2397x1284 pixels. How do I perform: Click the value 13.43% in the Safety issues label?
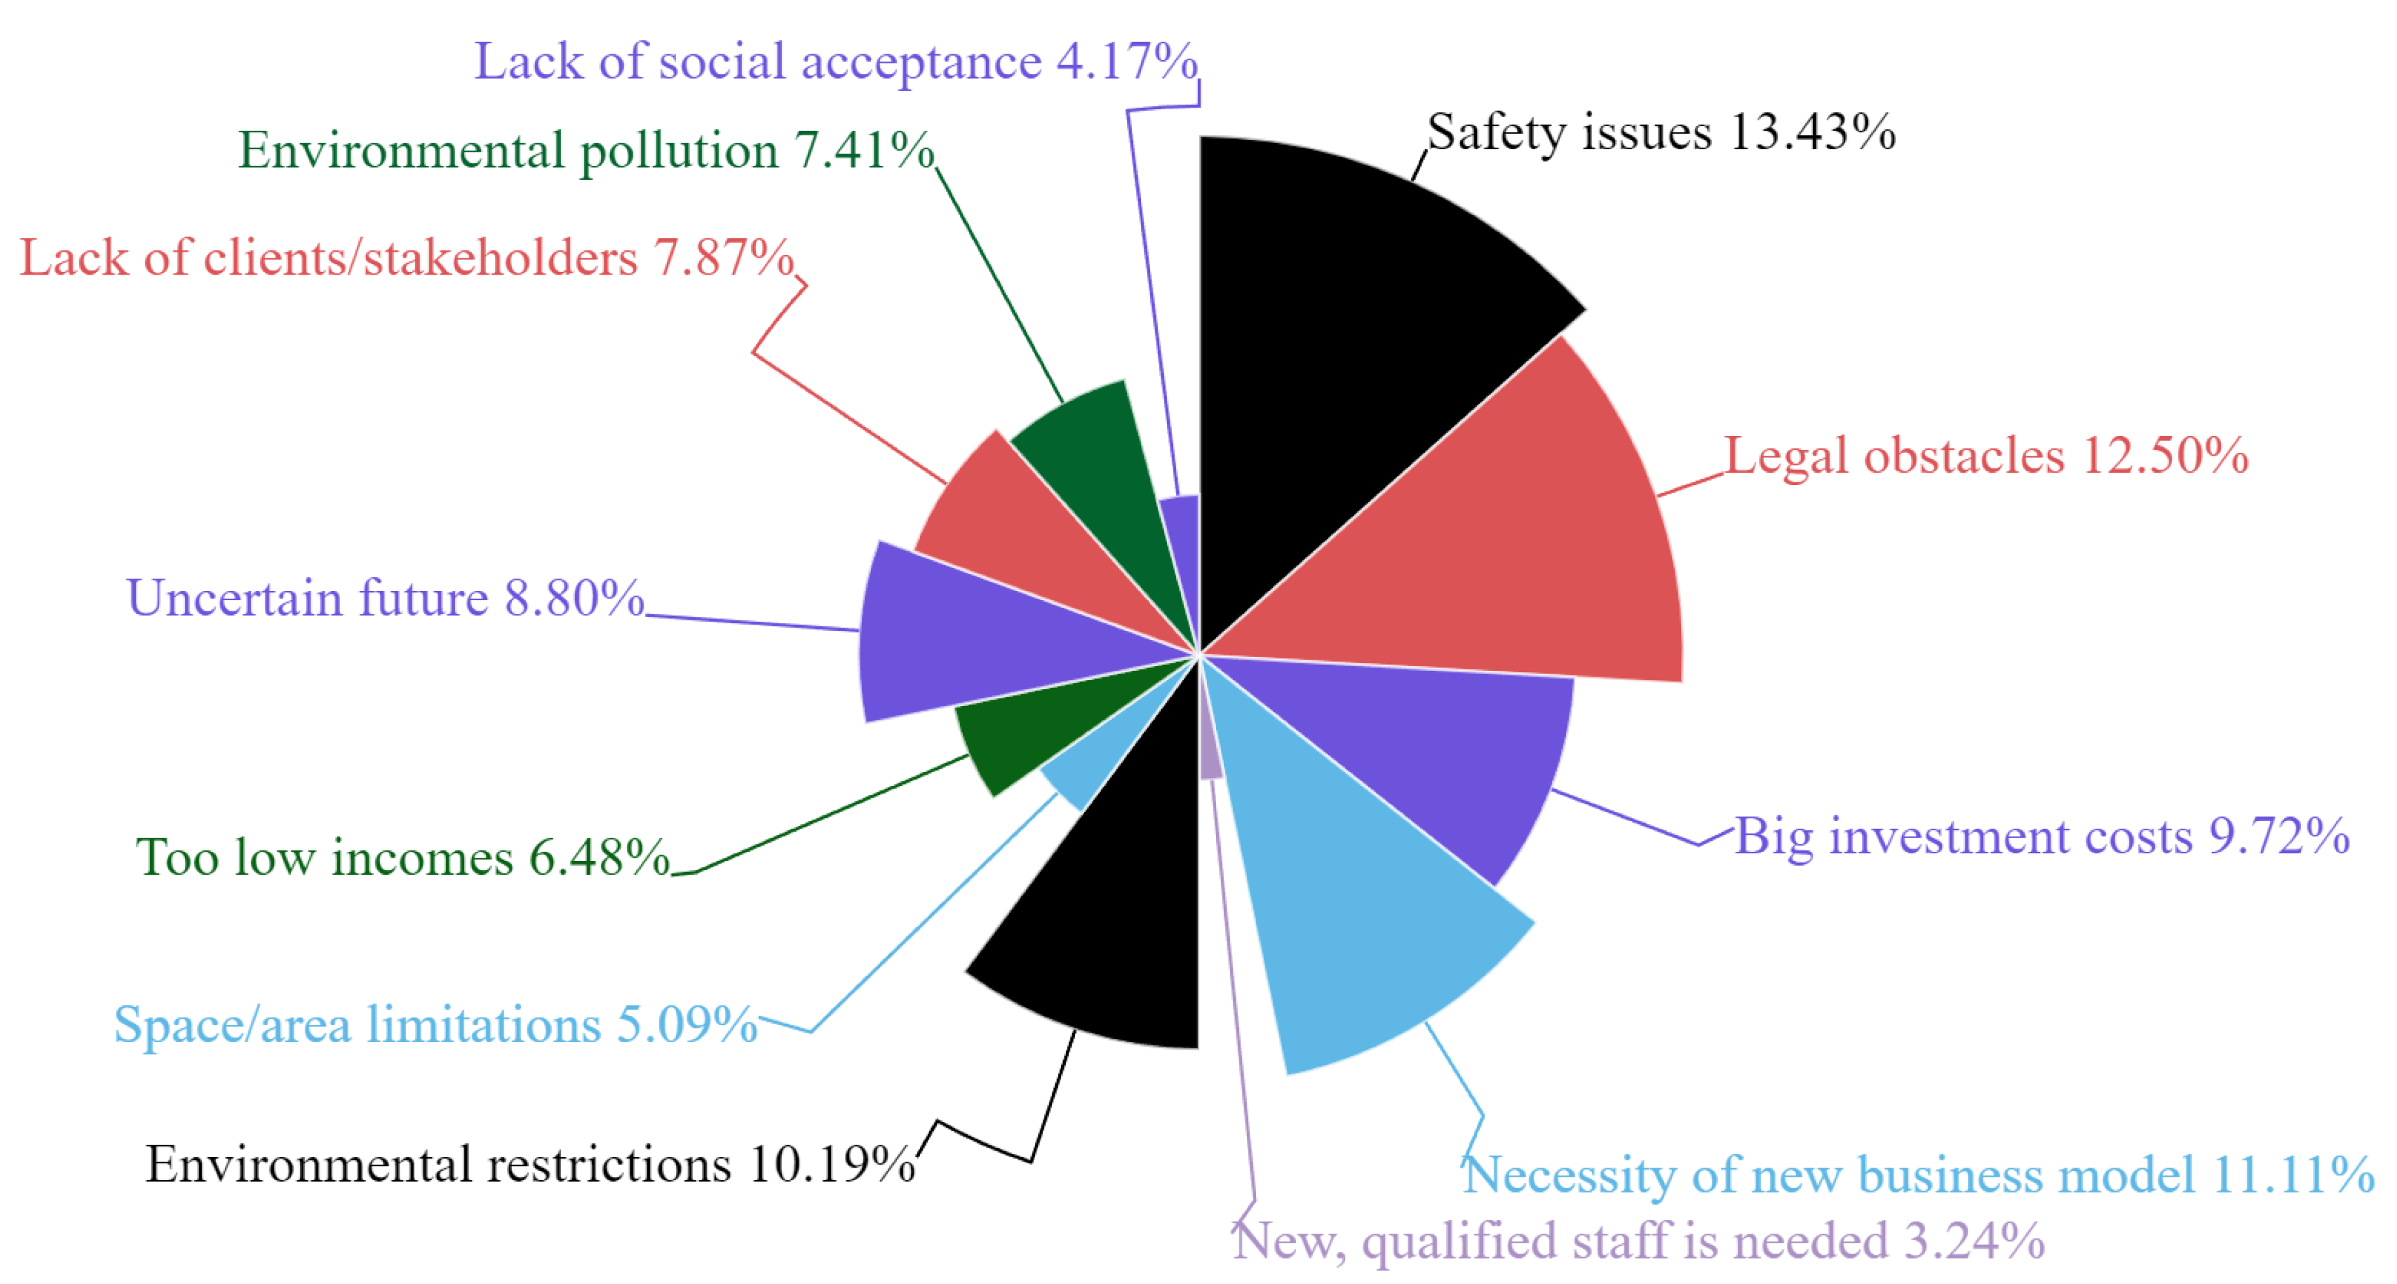tap(1812, 131)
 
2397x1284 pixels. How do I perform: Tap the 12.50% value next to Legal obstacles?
tap(2164, 456)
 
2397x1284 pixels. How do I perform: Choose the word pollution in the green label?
tap(679, 151)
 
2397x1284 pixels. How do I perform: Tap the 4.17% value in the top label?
tap(1127, 62)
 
